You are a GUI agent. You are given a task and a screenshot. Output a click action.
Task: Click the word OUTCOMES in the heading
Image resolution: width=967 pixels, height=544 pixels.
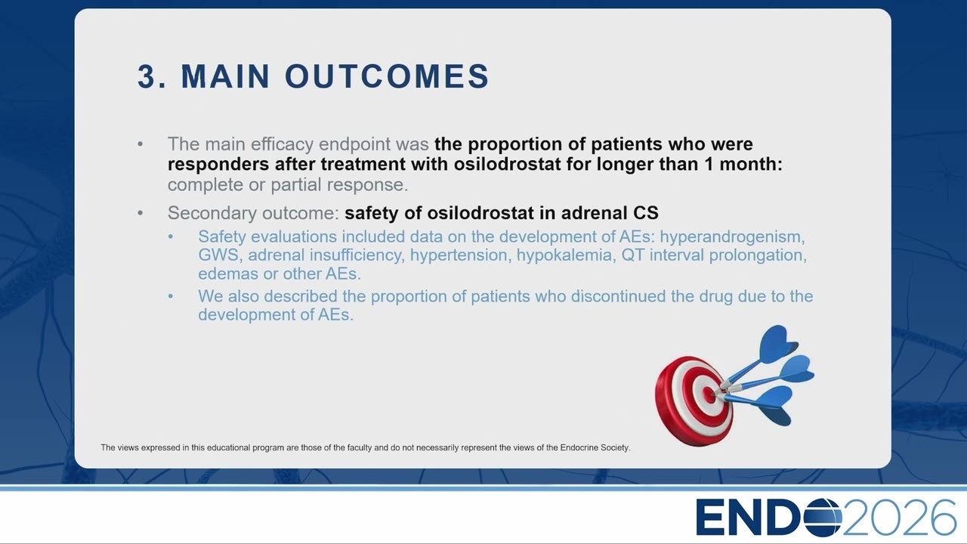387,76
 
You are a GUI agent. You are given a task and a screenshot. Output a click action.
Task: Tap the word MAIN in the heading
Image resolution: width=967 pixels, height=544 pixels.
225,76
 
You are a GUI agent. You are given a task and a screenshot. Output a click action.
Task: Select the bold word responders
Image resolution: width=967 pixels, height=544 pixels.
218,165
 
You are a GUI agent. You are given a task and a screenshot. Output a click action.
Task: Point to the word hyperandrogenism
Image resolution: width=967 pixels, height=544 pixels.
732,237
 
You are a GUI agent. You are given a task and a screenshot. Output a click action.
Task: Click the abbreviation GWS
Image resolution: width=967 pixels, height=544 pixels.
218,255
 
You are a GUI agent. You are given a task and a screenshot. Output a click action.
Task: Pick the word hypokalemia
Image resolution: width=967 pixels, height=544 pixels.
566,255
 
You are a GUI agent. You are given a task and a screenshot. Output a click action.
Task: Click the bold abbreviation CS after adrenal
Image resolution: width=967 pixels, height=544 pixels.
646,213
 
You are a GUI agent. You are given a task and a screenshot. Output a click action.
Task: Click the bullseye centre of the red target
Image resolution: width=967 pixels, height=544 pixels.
709,394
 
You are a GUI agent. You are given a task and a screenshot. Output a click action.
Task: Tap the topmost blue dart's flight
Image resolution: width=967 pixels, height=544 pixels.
777,343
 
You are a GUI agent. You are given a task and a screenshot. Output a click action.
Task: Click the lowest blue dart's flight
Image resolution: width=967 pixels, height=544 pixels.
776,406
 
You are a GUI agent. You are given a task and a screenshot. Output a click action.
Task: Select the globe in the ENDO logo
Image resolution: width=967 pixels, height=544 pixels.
823,517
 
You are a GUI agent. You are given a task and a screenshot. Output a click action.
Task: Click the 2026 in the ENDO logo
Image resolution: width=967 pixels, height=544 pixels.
899,518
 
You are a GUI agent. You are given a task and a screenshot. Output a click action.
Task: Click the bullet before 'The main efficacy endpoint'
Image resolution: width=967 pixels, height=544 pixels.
141,144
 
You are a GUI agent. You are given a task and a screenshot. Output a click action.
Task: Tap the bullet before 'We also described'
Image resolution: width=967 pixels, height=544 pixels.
171,296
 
